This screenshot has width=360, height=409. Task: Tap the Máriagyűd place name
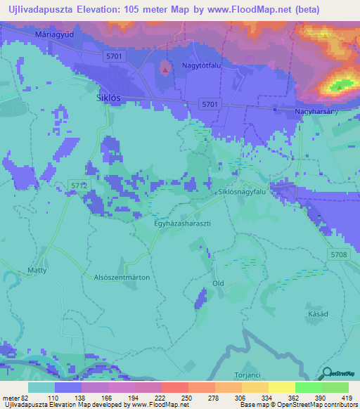tap(54, 34)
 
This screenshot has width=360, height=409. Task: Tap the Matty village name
tap(37, 270)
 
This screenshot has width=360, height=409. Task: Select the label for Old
tap(218, 283)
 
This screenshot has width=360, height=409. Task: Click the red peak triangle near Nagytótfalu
tap(165, 69)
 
